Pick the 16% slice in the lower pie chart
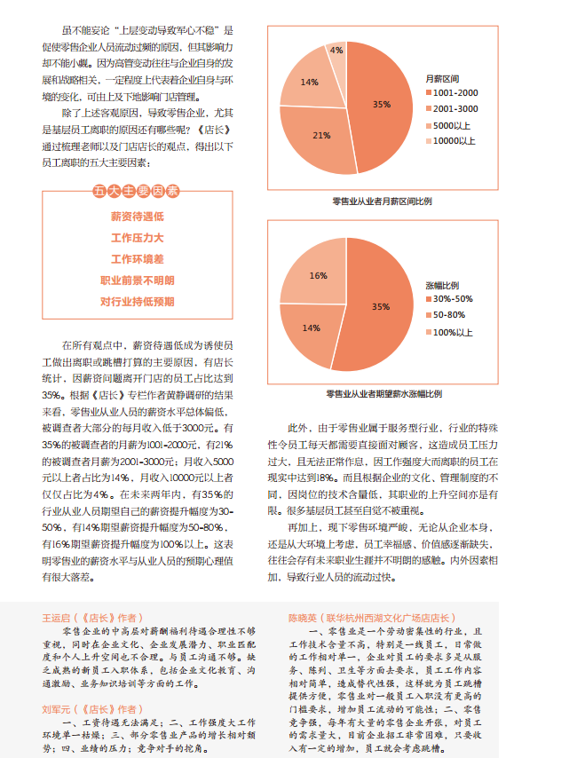coord(317,274)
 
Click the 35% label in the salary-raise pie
coord(381,307)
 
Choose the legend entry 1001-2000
coord(456,93)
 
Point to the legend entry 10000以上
coord(454,141)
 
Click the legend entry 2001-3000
coord(456,109)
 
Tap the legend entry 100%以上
coord(453,332)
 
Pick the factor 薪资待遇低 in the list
coord(137,216)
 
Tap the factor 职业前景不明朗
coord(137,280)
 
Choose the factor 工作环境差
coord(137,259)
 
